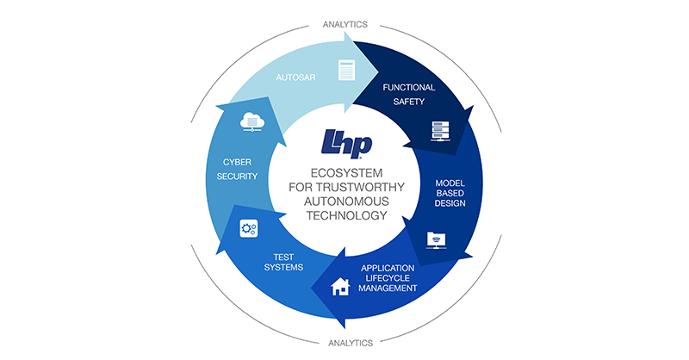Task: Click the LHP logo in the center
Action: tap(347, 144)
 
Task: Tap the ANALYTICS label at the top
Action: tap(345, 25)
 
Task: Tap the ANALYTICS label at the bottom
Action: tap(351, 343)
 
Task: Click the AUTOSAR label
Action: tap(295, 78)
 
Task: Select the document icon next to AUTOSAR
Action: tap(346, 70)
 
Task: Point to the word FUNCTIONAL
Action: tap(408, 88)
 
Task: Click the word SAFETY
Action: tap(408, 102)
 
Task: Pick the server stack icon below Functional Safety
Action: tap(440, 131)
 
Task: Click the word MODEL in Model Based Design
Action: tap(450, 183)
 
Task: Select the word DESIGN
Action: tap(450, 203)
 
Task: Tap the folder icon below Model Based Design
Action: tap(436, 240)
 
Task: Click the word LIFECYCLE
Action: tap(388, 278)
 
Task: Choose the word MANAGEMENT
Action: tap(388, 289)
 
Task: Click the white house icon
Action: tap(340, 287)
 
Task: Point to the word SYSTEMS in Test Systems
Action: tap(283, 267)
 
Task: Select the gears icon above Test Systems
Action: tap(249, 228)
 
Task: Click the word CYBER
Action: tap(238, 162)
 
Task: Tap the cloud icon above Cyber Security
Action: tap(252, 121)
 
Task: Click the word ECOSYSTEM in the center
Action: tap(347, 173)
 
